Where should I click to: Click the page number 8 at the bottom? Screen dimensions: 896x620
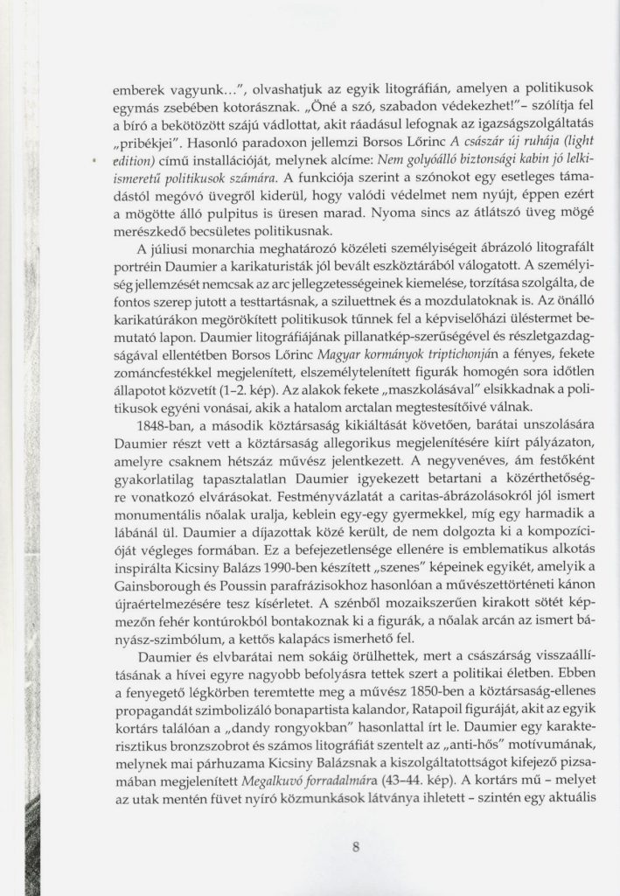tap(356, 846)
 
